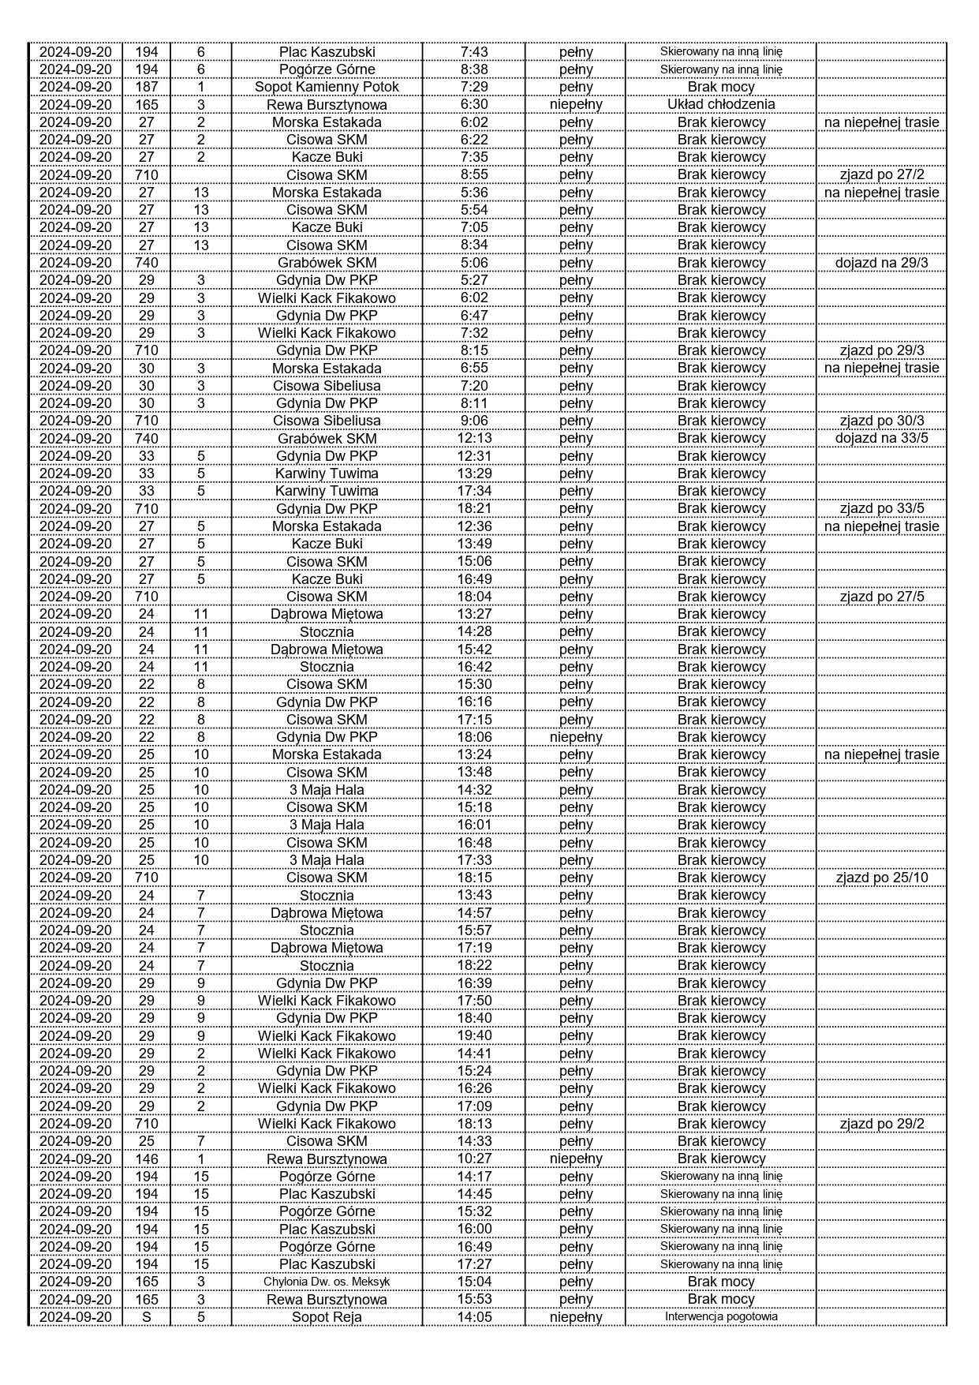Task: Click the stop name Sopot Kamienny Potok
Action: [x=327, y=87]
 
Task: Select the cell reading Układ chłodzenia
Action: [x=721, y=104]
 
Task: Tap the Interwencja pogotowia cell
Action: [x=721, y=1316]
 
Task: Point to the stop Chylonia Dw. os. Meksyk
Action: [x=327, y=1282]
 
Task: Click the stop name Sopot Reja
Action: [x=327, y=1316]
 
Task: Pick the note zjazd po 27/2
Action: [x=881, y=174]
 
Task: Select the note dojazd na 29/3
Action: [x=881, y=263]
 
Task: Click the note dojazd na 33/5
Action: [x=881, y=438]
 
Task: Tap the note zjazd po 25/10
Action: [x=881, y=878]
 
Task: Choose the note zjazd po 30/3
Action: [x=881, y=421]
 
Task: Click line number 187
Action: [x=147, y=87]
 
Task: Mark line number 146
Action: [x=147, y=1159]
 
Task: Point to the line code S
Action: [x=147, y=1316]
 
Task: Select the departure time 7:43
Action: [x=473, y=52]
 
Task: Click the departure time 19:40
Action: [x=473, y=1035]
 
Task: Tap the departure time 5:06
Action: [x=473, y=263]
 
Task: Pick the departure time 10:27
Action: [x=473, y=1159]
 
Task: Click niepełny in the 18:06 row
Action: [x=576, y=737]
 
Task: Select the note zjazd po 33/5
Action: [x=881, y=508]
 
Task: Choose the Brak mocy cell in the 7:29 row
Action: [x=721, y=87]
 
